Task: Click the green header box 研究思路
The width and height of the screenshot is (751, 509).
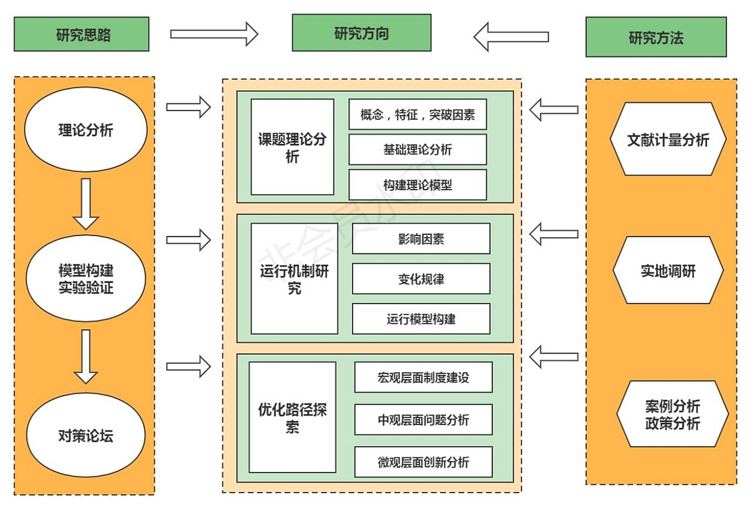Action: (x=81, y=34)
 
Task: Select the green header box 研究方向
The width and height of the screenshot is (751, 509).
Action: (x=361, y=33)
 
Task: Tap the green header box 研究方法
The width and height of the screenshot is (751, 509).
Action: (x=656, y=37)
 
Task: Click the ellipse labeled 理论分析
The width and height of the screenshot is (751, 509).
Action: (x=86, y=130)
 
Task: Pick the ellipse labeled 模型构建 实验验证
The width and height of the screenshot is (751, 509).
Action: (x=86, y=278)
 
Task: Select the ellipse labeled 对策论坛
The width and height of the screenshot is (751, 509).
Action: (x=86, y=435)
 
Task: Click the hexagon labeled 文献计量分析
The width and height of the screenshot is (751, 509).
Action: (x=668, y=139)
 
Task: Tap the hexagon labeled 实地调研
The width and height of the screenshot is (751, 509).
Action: (x=668, y=270)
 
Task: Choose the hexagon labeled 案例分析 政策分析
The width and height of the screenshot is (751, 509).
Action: (x=672, y=414)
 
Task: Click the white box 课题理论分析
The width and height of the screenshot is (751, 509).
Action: (x=292, y=147)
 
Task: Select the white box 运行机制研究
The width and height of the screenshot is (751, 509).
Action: (x=294, y=278)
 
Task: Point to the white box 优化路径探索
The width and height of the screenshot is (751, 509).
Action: (x=292, y=417)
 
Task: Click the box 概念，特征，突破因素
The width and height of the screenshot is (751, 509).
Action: (x=417, y=115)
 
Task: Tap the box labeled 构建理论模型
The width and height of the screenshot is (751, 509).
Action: (x=417, y=185)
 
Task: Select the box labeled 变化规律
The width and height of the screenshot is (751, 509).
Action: (x=421, y=279)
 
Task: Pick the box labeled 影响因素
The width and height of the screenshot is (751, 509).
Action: (x=421, y=239)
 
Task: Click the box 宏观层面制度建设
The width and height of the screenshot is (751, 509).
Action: (x=423, y=377)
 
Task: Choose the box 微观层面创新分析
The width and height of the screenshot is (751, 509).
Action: (x=423, y=462)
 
